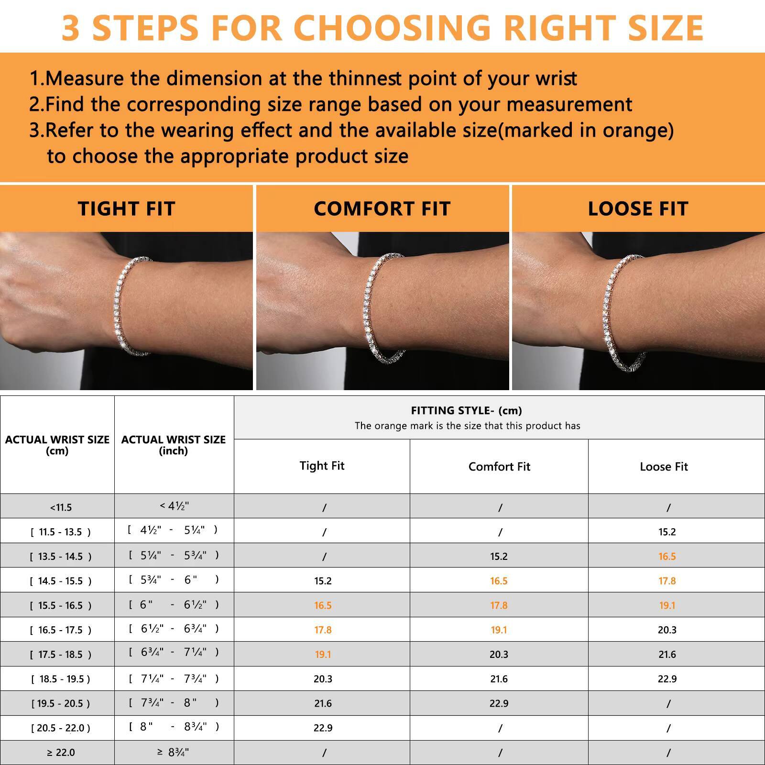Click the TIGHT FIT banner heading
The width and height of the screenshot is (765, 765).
point(126,208)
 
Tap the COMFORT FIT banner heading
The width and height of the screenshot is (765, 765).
point(382,208)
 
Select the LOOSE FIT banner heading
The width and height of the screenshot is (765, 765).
point(638,208)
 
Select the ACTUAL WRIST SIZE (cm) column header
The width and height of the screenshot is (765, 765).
point(57,445)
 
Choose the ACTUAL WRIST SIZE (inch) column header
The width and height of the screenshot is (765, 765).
point(174,445)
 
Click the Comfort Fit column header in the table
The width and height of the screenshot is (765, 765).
point(499,467)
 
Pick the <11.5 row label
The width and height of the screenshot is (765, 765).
point(61,507)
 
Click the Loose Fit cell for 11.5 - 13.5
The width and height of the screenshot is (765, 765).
point(667,532)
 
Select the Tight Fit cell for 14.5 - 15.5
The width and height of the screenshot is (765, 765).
point(323,581)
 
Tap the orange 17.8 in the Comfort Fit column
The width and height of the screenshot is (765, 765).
point(499,605)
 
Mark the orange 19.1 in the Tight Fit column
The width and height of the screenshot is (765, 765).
point(323,654)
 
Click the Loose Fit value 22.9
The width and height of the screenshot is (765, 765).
point(667,679)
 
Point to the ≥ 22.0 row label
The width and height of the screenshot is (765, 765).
point(61,753)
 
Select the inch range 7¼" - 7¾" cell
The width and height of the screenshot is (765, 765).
point(174,678)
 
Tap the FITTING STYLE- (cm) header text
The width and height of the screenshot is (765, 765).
point(466,410)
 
